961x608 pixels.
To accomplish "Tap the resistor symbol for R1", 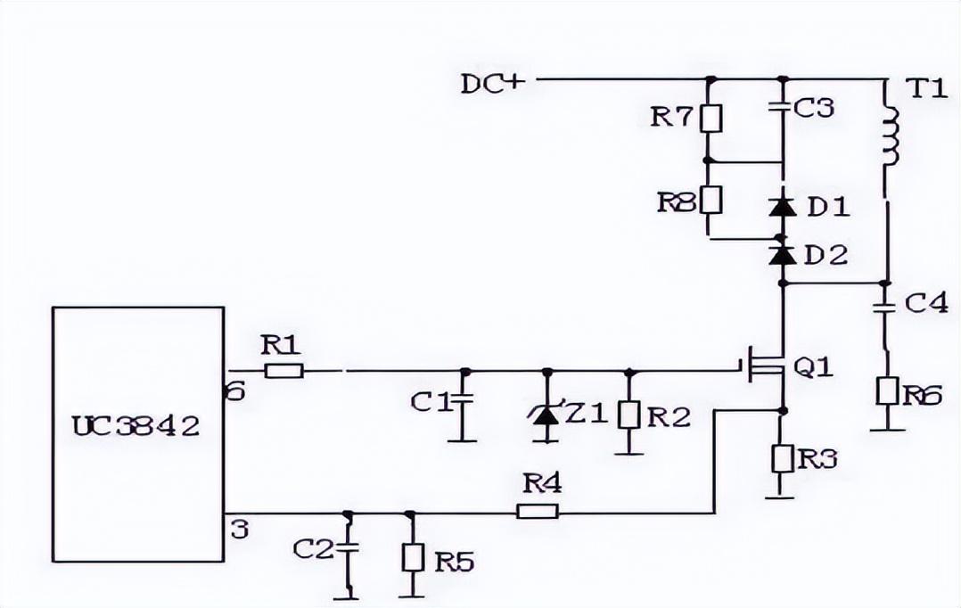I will pos(283,370).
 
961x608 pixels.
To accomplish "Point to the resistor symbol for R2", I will pos(629,415).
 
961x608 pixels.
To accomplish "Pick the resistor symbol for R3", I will pos(782,458).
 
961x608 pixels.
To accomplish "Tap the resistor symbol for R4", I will pos(538,512).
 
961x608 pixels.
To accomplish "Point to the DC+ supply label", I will pos(493,84).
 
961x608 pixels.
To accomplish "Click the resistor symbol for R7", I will pos(710,119).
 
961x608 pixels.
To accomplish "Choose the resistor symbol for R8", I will pos(710,200).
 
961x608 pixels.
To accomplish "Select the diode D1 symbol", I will pos(782,208).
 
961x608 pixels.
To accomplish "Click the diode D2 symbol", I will pos(782,256).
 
